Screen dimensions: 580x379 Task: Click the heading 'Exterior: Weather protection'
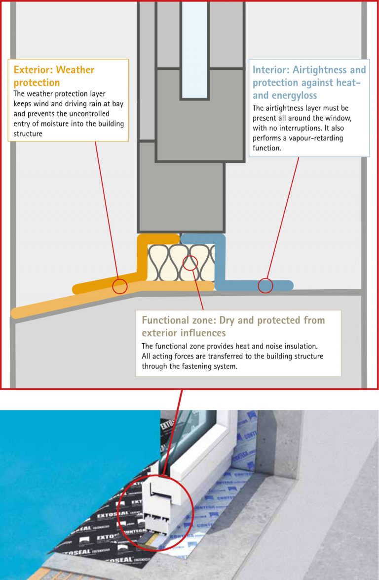[53, 76]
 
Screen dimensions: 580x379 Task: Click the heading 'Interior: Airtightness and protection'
[309, 82]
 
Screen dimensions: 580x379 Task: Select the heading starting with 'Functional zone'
[233, 326]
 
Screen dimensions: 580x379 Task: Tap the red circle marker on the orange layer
[119, 286]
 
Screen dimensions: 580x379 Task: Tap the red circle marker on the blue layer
[265, 285]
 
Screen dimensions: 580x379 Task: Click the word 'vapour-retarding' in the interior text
[315, 138]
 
